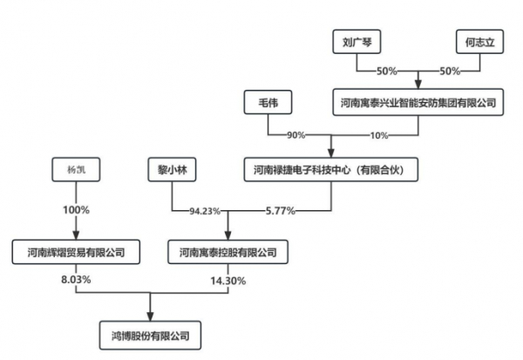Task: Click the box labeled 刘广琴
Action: coord(358,41)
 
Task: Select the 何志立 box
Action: coord(479,41)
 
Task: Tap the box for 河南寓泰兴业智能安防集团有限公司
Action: coord(418,103)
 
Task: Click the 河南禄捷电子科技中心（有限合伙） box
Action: coord(331,168)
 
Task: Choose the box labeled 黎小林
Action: coord(170,168)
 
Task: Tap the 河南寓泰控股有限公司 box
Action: coord(228,253)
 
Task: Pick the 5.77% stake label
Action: coord(281,211)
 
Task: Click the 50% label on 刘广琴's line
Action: coord(386,70)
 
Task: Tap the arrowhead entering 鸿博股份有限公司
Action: coord(152,315)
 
